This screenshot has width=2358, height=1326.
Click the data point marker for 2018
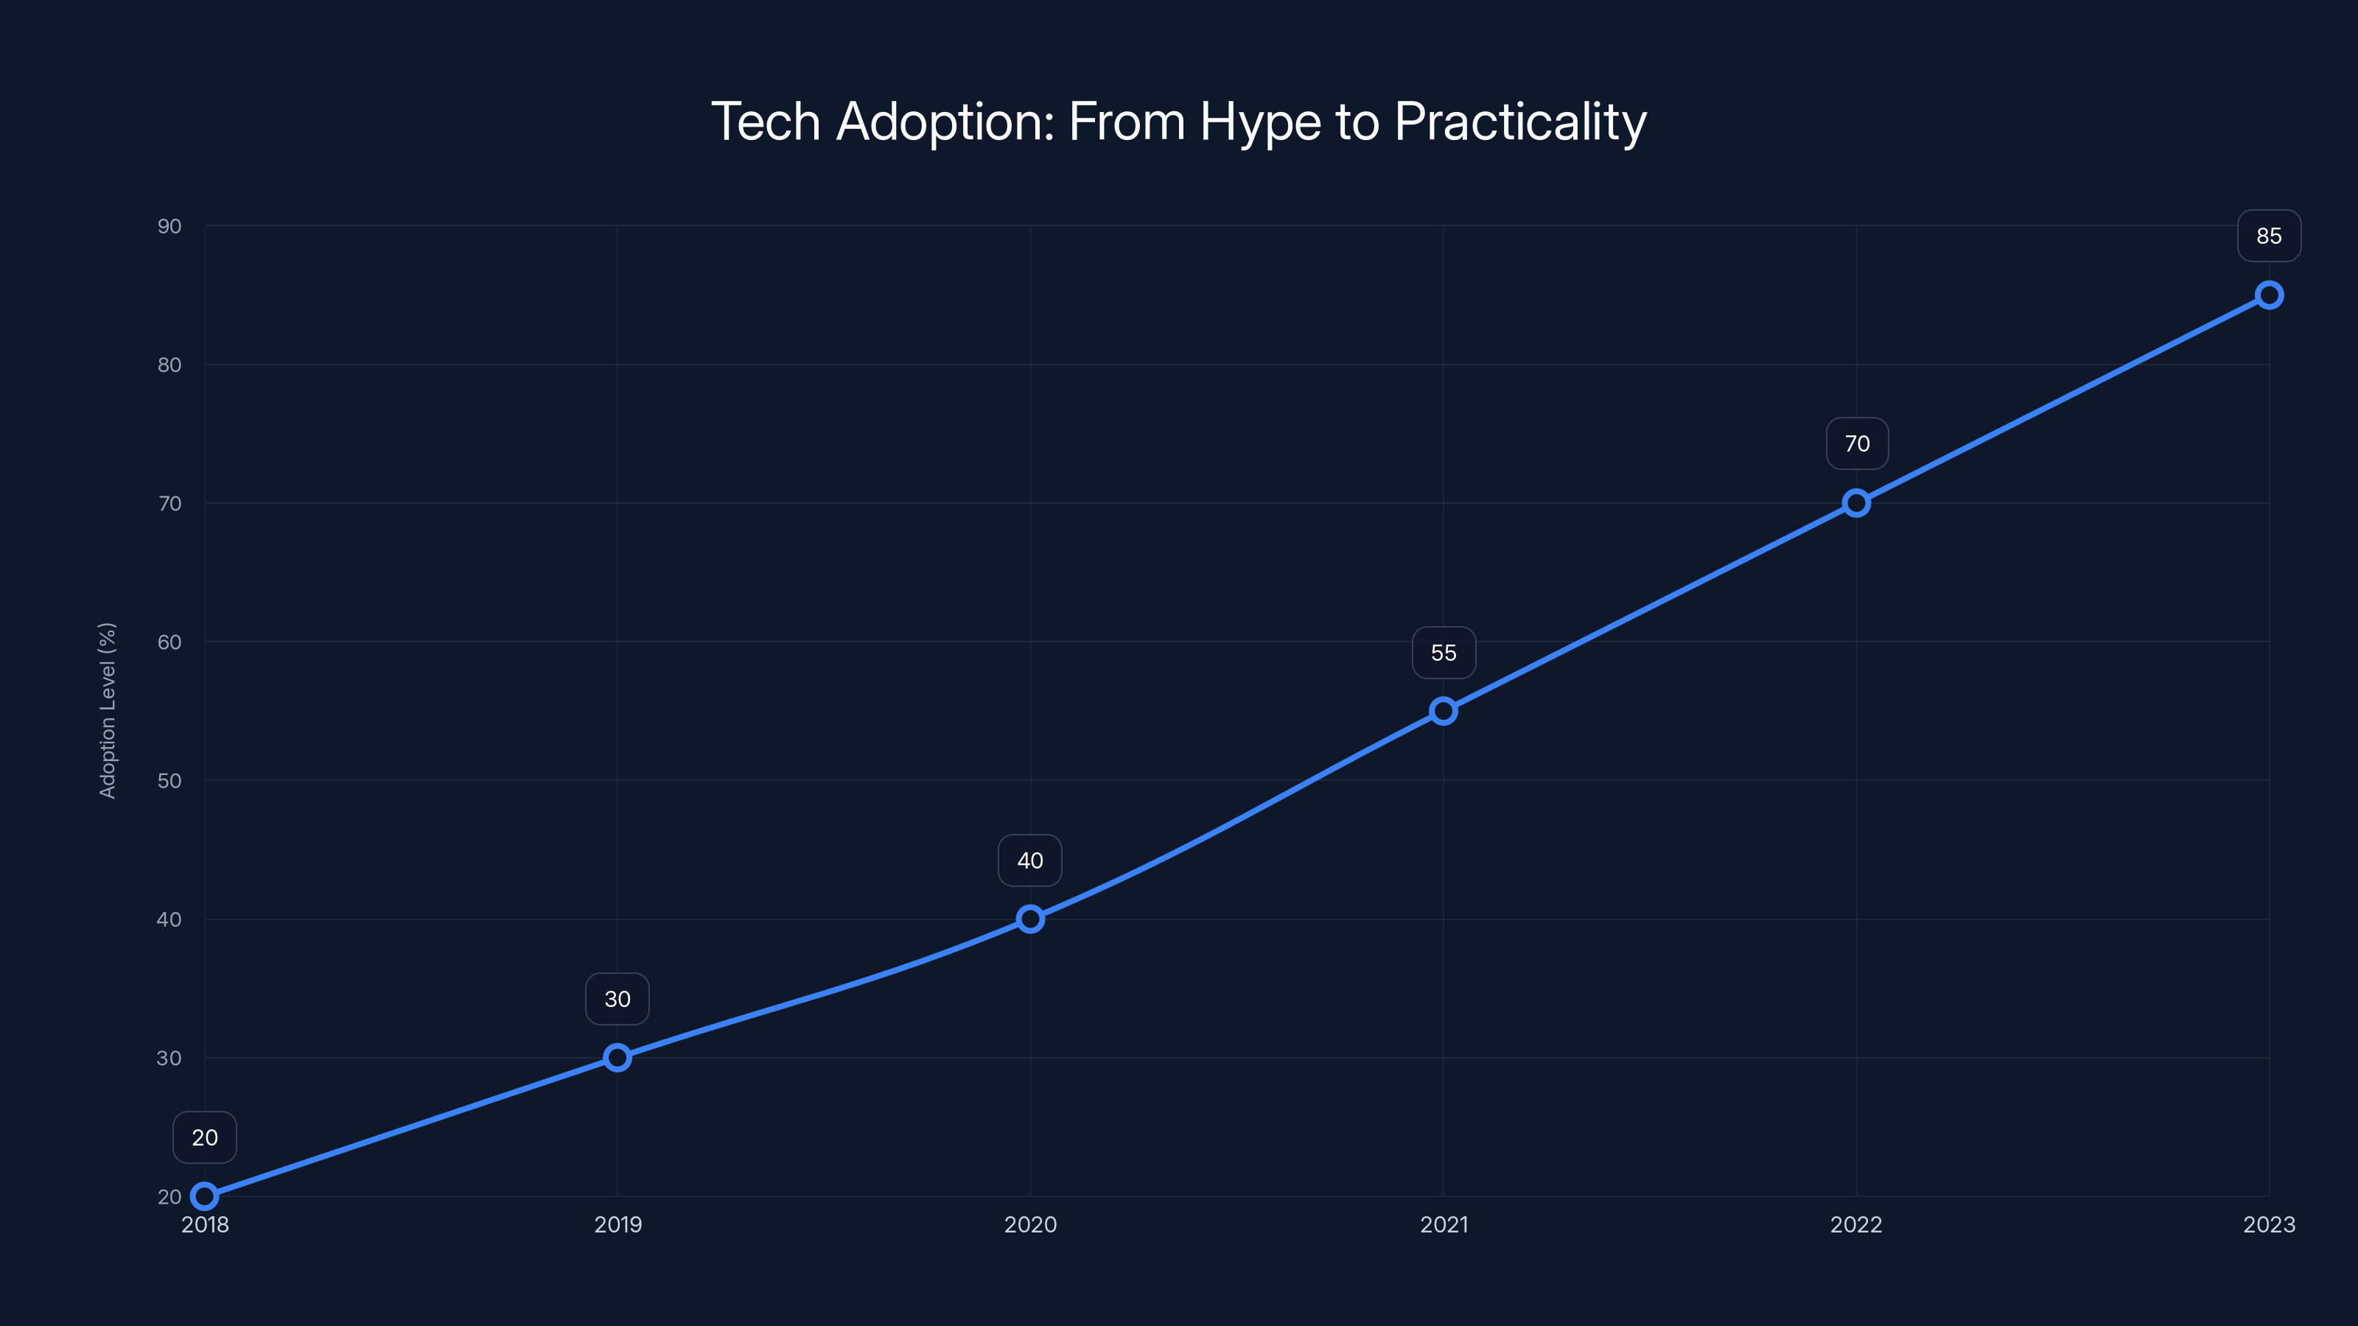coord(204,1196)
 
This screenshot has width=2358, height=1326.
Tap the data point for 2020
coord(1030,919)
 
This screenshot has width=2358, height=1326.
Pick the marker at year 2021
coord(1444,711)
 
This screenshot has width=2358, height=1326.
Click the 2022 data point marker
coord(1856,503)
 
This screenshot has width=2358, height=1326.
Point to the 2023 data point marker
coord(2270,295)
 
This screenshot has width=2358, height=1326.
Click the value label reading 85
coord(2270,236)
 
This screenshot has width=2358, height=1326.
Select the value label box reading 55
coord(1444,653)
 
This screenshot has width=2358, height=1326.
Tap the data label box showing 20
coord(204,1137)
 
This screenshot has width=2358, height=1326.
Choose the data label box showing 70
coord(1856,443)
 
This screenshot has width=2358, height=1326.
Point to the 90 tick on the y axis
coord(169,226)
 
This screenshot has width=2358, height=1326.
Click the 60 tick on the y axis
coord(169,642)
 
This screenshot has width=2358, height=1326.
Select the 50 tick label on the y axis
coord(169,781)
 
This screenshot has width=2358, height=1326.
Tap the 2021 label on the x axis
coord(1444,1224)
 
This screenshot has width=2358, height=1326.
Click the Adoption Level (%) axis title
coord(107,710)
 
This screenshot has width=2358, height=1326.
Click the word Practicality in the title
coord(1519,122)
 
